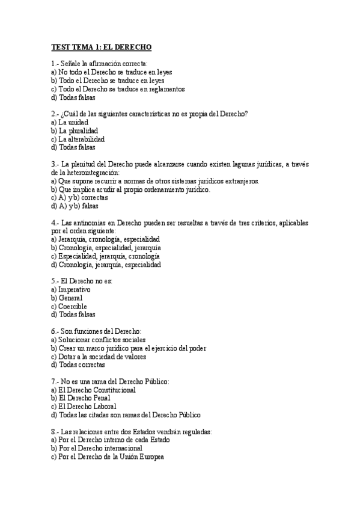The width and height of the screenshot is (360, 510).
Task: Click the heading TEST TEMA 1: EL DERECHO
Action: click(102, 47)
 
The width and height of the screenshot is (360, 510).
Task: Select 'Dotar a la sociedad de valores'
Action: click(102, 356)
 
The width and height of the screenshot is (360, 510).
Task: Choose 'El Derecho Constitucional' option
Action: click(97, 390)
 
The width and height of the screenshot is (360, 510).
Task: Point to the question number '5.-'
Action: click(55, 281)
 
